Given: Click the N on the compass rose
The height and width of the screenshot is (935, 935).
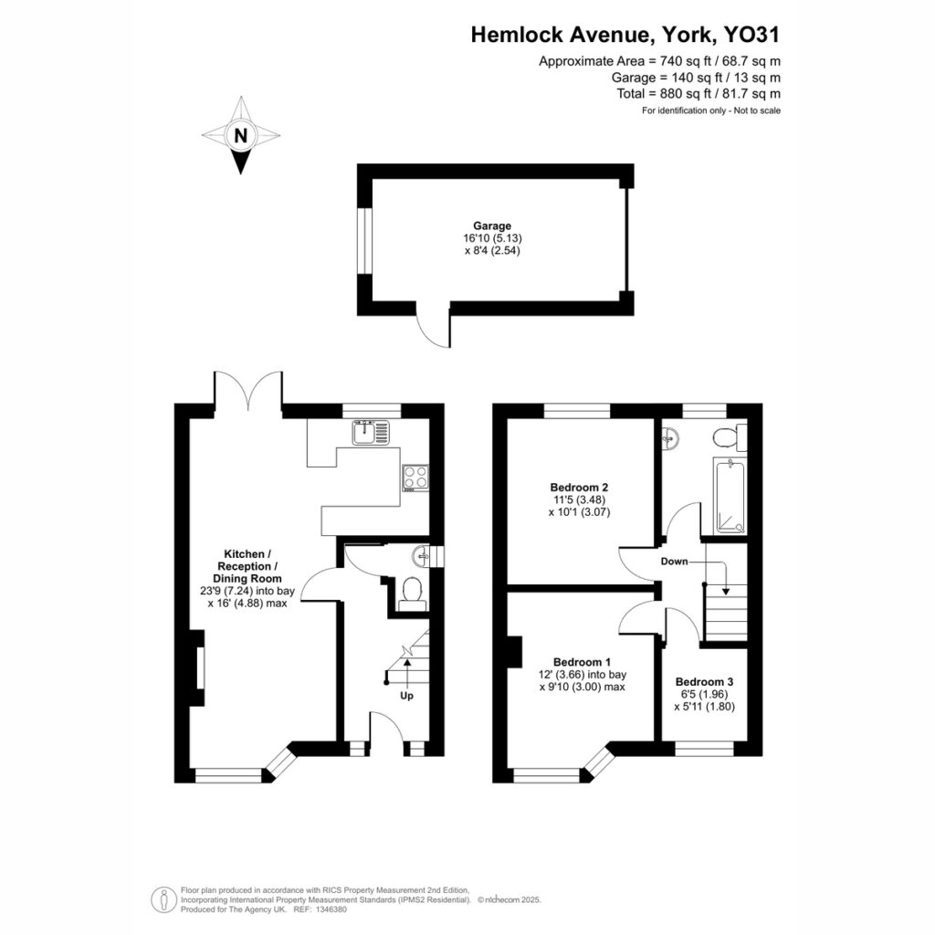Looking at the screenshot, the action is click(240, 136).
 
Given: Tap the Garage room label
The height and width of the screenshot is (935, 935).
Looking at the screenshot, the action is click(492, 226).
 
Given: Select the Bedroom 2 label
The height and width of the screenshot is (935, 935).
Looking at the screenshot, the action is click(579, 487).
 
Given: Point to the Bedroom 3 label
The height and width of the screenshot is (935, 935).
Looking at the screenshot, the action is click(704, 681).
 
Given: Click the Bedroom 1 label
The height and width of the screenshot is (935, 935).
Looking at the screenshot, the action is click(582, 662).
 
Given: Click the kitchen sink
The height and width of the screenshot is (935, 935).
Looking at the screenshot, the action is click(371, 432).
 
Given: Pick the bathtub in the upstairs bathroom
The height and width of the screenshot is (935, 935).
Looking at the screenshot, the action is click(730, 496).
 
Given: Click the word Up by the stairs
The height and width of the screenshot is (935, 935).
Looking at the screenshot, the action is click(406, 695).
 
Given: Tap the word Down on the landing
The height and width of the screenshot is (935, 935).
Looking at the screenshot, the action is click(674, 562).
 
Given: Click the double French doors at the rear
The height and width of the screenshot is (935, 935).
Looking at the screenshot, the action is click(247, 391).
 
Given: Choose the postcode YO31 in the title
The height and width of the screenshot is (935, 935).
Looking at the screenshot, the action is click(751, 35).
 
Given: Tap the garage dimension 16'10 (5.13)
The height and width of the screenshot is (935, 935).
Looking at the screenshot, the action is click(492, 238).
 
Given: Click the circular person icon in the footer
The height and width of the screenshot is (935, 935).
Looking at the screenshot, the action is click(163, 899).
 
